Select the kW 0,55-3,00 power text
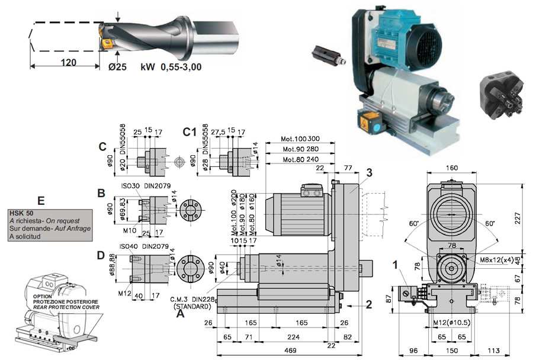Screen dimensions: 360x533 171,67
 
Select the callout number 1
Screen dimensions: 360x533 396,262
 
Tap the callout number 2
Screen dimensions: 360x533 368,305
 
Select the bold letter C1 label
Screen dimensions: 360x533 190,130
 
